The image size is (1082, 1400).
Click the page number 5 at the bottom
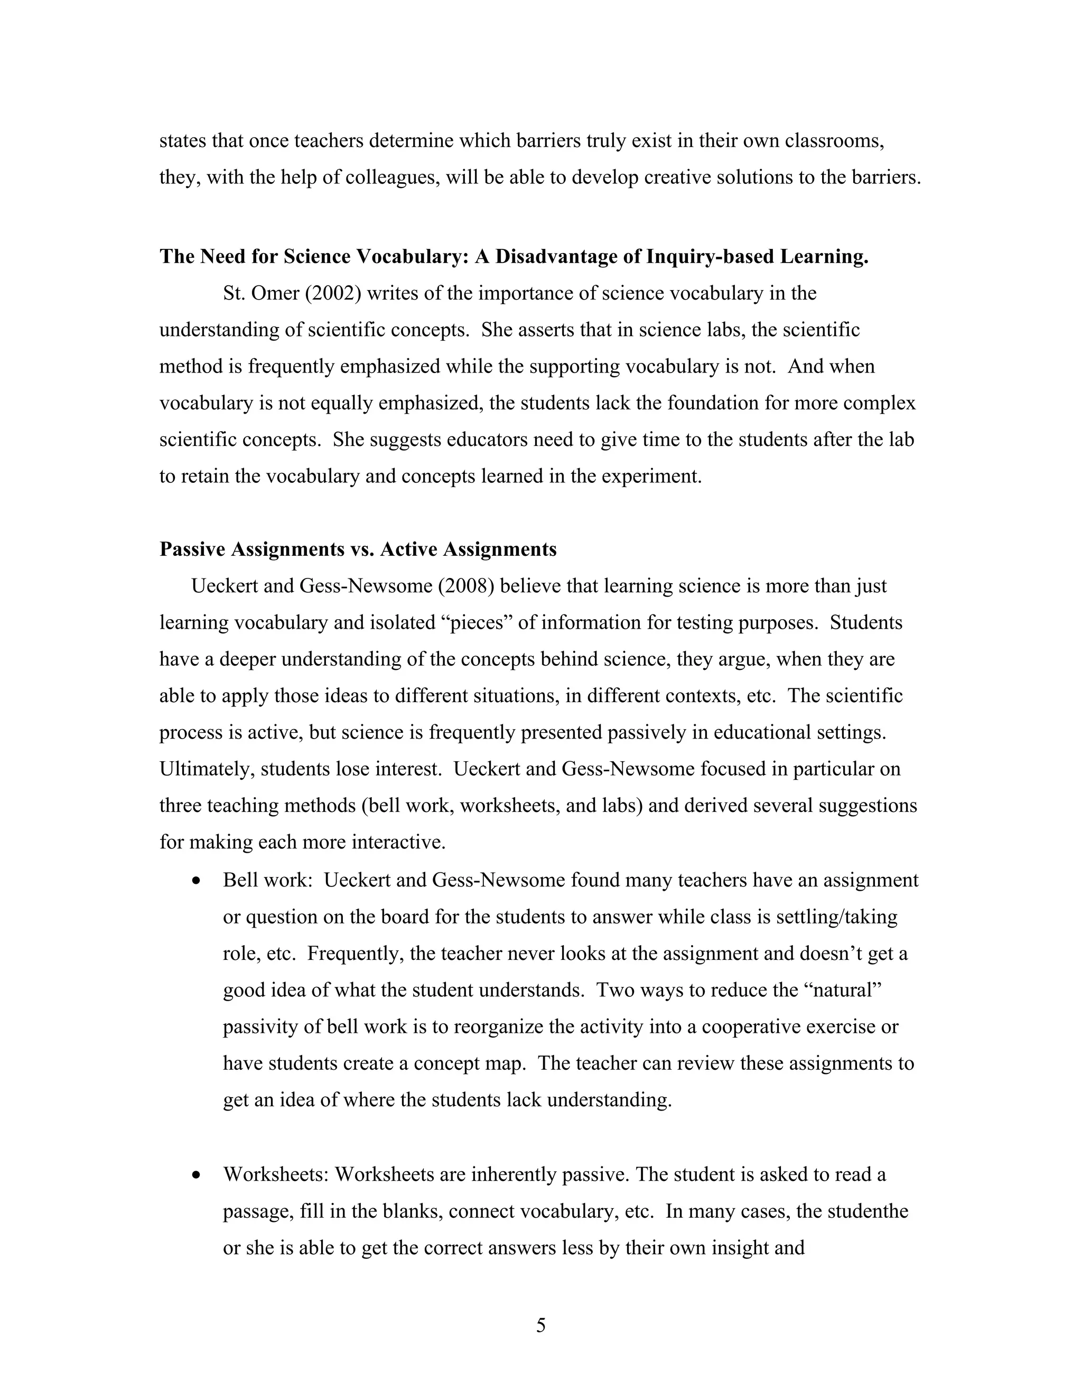click(x=540, y=1325)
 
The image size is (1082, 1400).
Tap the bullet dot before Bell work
click(x=197, y=881)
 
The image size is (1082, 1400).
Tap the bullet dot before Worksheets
click(x=197, y=1175)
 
